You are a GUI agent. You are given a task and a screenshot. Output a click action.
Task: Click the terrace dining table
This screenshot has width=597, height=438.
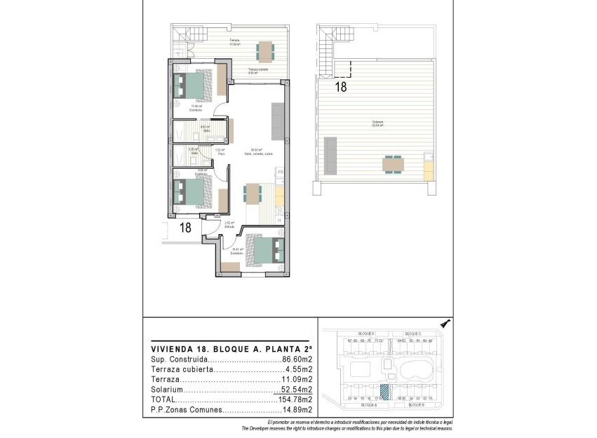coord(266,51)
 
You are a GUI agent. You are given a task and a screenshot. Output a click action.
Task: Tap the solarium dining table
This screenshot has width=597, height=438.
coord(393,165)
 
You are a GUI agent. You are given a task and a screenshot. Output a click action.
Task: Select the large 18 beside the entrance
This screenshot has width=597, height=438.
coord(185,227)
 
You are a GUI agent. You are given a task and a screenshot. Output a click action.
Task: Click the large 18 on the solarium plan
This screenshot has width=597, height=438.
coord(341,88)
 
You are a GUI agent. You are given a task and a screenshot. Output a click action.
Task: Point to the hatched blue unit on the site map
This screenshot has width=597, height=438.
coord(384,392)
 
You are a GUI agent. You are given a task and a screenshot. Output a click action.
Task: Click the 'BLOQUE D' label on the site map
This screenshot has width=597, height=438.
coord(367,334)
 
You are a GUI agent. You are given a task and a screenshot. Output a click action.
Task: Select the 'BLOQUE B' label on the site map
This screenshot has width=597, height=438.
coord(417,405)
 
